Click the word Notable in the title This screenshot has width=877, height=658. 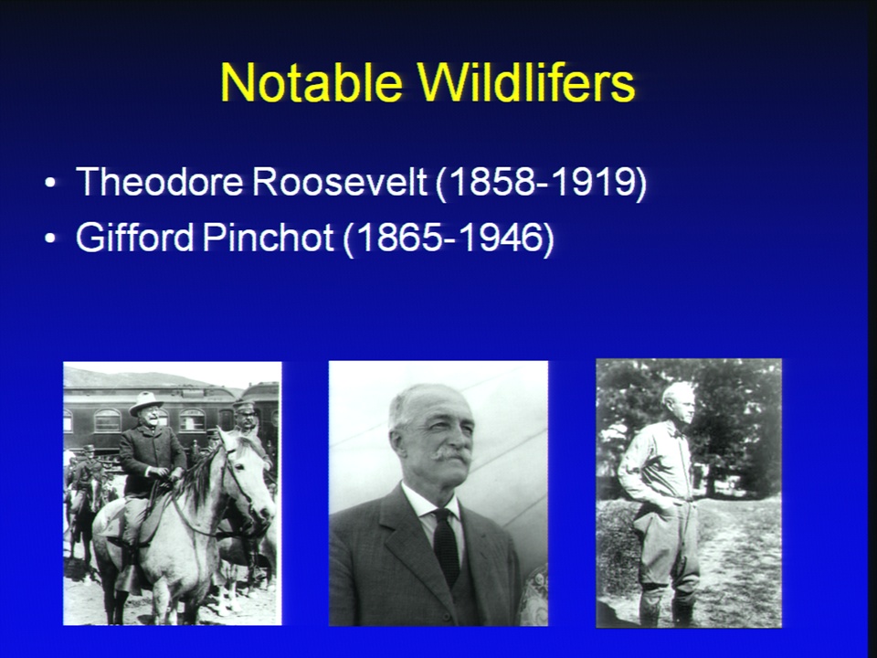point(312,82)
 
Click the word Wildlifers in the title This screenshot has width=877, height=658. point(526,82)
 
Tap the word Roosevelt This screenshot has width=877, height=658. point(340,181)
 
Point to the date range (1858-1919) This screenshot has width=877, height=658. point(541,183)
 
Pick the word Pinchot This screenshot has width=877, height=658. point(269,237)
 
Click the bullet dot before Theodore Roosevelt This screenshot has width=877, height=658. point(50,183)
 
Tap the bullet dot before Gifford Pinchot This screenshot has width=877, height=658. point(50,239)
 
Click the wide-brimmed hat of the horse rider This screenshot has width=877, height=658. point(145,402)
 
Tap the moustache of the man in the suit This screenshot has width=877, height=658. point(452,453)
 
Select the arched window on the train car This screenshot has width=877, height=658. point(108,420)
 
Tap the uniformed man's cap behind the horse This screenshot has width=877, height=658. point(245,404)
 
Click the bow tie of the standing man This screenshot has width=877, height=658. point(680,433)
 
